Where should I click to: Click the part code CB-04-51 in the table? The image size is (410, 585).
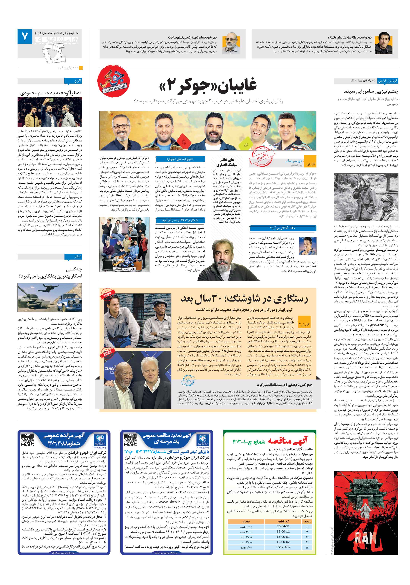coord(283,526)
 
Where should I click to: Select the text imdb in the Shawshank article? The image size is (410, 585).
coord(290,322)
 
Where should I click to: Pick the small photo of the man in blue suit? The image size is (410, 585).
coord(308,245)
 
